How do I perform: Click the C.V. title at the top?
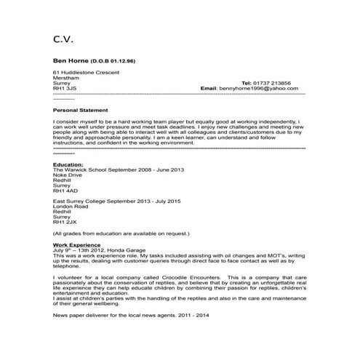[63, 37]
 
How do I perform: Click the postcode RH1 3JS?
[65, 88]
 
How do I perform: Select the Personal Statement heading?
[79, 109]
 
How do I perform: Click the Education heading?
[68, 164]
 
